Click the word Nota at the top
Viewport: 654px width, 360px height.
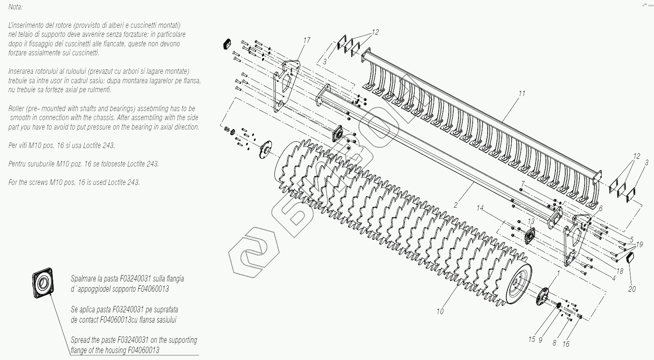(15, 7)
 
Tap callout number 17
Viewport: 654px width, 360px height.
(307, 40)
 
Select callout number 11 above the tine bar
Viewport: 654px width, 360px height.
(521, 94)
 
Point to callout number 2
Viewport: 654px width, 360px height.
(456, 205)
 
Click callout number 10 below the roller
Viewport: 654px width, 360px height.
(440, 311)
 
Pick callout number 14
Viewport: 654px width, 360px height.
(480, 208)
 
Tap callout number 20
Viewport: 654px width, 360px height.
(632, 289)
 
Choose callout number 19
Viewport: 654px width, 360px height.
(639, 245)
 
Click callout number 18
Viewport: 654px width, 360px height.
(620, 271)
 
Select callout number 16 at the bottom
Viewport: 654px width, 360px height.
(566, 344)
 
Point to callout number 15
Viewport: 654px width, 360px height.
(532, 339)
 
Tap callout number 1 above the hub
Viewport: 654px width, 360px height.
(558, 273)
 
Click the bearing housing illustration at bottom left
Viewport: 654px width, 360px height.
(43, 283)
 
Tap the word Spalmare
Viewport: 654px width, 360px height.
(84, 279)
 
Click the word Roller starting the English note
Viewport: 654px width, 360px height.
(17, 109)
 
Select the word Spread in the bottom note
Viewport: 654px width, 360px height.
(80, 340)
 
